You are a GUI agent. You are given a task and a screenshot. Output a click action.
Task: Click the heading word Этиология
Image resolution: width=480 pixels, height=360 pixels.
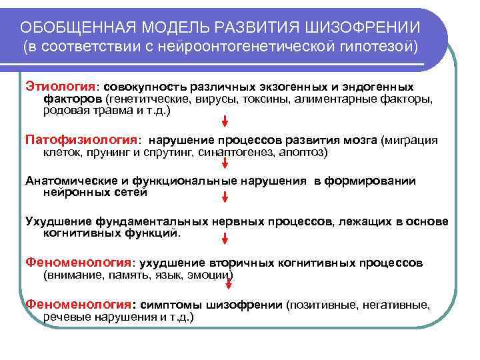click(61, 87)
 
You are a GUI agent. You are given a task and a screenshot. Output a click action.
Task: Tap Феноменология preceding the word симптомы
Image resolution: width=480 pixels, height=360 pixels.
click(78, 305)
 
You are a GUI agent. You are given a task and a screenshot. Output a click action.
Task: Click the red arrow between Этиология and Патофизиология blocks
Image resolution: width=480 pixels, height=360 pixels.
click(225, 121)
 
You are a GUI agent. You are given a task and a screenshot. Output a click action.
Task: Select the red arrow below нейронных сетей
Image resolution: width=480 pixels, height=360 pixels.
click(225, 198)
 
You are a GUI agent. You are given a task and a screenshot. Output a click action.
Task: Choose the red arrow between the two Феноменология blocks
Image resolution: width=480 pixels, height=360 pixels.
click(225, 285)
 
